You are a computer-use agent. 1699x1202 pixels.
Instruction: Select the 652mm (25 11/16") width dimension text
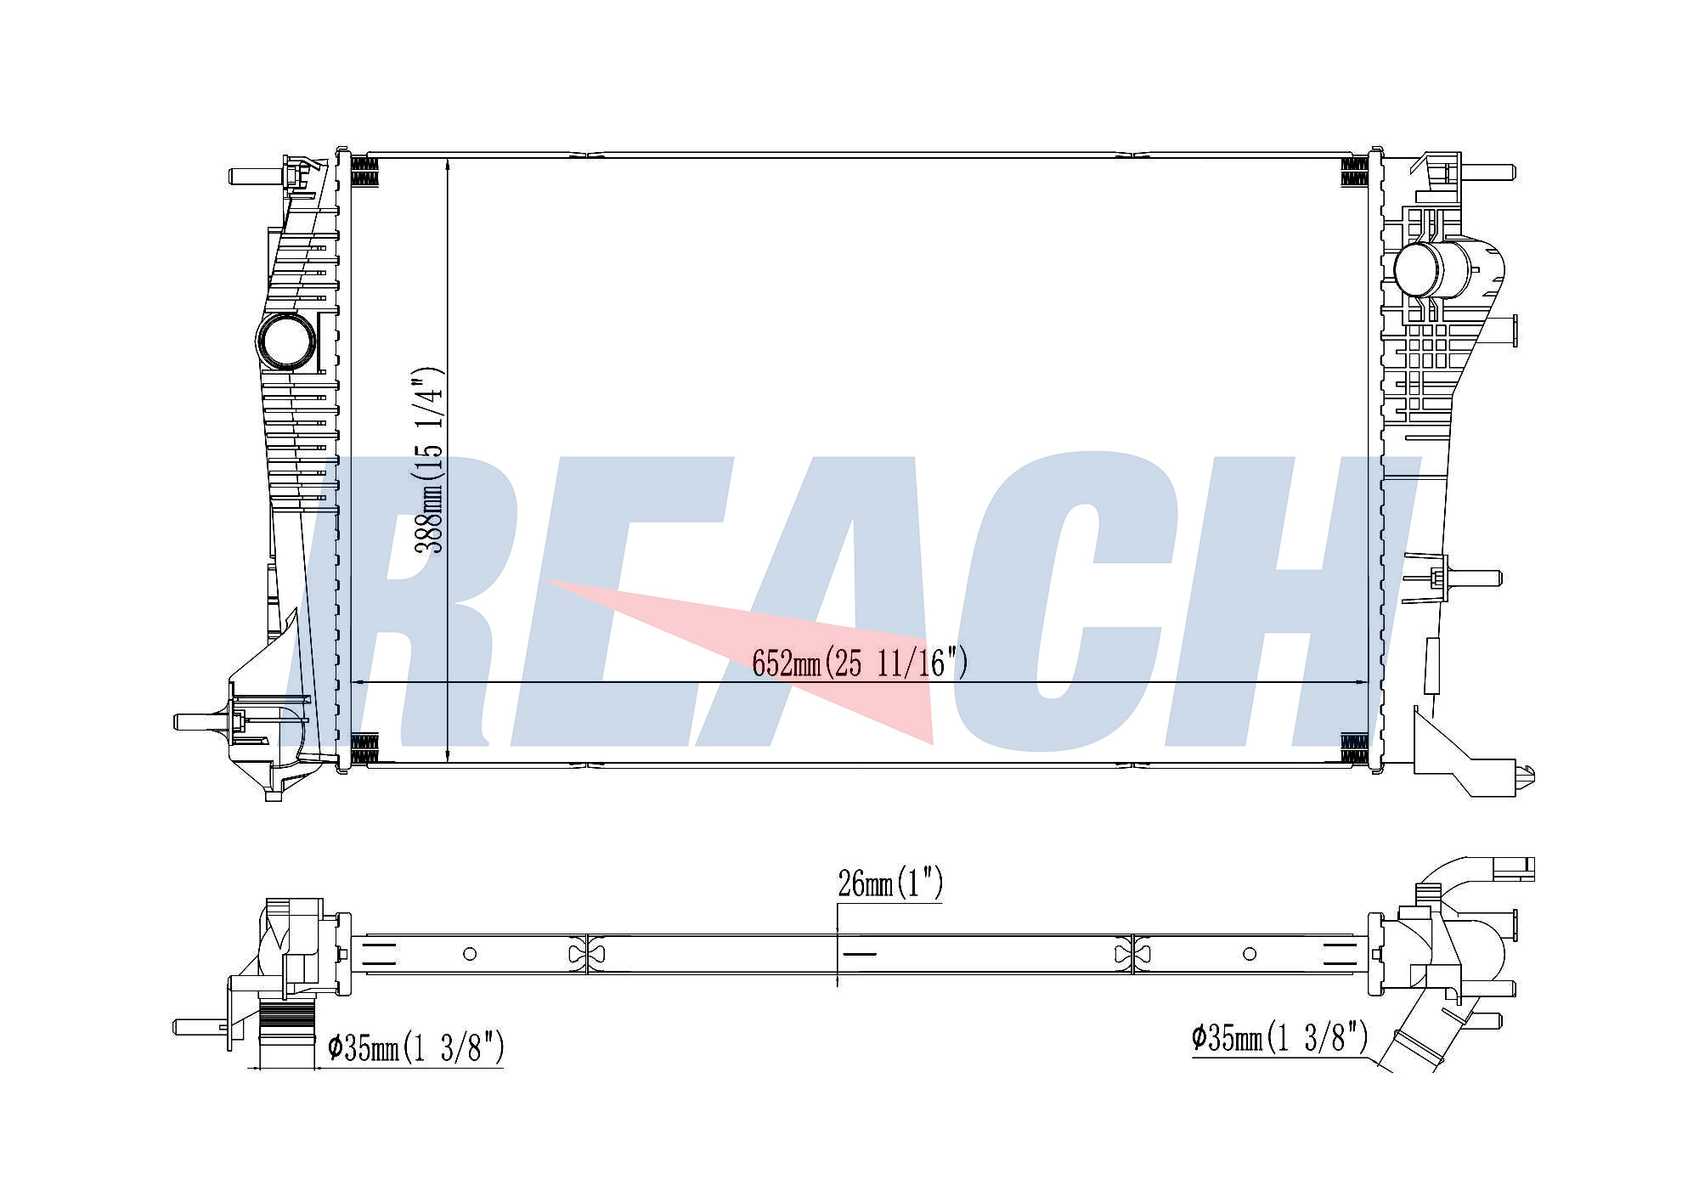(860, 663)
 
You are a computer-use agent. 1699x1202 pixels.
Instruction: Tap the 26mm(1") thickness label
(890, 884)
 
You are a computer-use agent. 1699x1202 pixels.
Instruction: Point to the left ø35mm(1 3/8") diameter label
(416, 1048)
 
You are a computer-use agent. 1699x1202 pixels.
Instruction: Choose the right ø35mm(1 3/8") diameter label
(1280, 1038)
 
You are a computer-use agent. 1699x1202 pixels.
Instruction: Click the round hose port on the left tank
(286, 342)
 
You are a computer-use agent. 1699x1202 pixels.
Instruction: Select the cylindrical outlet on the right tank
(1431, 269)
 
